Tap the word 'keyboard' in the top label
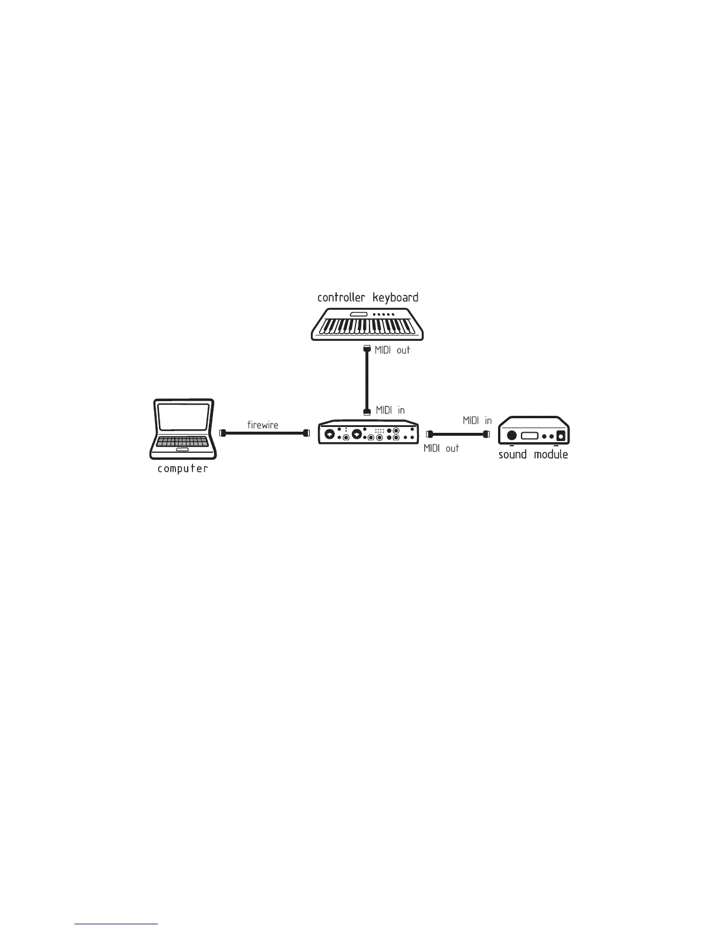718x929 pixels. coord(395,297)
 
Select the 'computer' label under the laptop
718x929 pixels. coord(182,469)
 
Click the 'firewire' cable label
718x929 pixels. coord(263,425)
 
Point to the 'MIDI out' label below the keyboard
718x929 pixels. coord(392,350)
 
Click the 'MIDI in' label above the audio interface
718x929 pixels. coord(390,410)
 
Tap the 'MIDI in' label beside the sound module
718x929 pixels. coord(477,421)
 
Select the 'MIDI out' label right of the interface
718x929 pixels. coord(441,448)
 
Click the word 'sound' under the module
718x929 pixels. coord(513,455)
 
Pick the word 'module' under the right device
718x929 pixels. coord(551,455)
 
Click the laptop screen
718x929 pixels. coord(183,418)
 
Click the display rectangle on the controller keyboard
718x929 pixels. coord(358,315)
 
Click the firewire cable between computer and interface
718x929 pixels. coord(264,433)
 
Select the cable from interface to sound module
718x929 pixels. coord(458,434)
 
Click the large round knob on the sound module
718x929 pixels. coord(512,435)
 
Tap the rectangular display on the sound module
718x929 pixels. coord(529,436)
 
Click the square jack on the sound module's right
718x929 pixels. coord(561,436)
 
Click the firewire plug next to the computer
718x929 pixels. coord(222,433)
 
